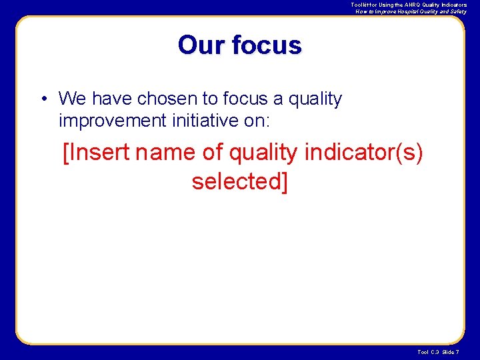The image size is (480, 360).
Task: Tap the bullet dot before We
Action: pos(42,99)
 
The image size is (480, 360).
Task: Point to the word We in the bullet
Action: pos(73,99)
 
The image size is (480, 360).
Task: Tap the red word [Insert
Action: pos(96,152)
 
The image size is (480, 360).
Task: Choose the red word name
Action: pos(166,152)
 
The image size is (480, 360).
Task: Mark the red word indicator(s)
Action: pos(363,152)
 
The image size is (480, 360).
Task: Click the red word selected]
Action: pos(239,180)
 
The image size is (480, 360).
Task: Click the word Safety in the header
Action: pos(458,11)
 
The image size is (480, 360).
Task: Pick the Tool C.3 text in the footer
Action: pos(428,351)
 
